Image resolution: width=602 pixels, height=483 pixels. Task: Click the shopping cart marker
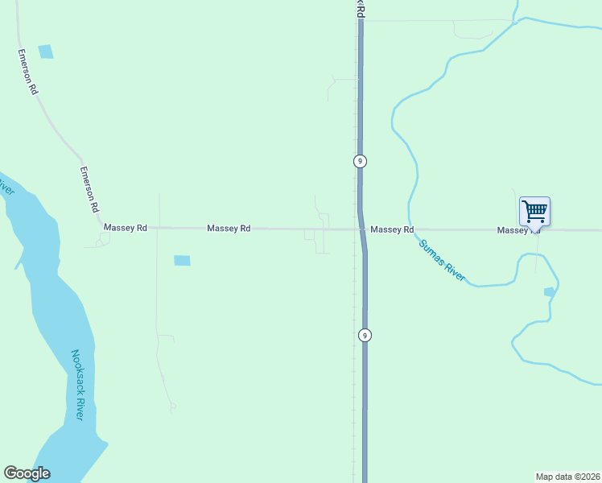[x=534, y=212]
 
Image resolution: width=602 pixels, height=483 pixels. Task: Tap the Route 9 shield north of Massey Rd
[x=360, y=161]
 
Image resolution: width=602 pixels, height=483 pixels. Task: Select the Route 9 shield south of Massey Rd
[x=365, y=335]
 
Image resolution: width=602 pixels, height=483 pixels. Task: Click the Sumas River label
[x=442, y=259]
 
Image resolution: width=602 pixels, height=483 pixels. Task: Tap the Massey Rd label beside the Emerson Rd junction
[x=126, y=229]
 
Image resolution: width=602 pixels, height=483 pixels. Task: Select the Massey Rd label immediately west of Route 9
[x=229, y=229]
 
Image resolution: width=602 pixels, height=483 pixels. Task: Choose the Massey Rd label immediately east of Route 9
[x=392, y=229]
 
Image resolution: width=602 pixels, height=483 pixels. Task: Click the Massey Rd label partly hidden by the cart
[x=513, y=230]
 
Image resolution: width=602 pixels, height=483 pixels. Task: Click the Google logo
[x=27, y=473]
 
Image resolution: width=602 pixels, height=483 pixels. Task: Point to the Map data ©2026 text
[x=567, y=476]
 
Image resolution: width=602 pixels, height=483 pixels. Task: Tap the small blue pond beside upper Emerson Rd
[x=45, y=52]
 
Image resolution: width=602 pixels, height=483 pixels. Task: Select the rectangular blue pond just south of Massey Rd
[x=183, y=260]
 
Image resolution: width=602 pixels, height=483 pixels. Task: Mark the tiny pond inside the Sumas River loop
[x=549, y=291]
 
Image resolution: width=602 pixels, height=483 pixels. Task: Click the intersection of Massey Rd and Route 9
[x=361, y=229]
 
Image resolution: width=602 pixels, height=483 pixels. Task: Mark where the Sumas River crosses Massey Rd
[x=410, y=229]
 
